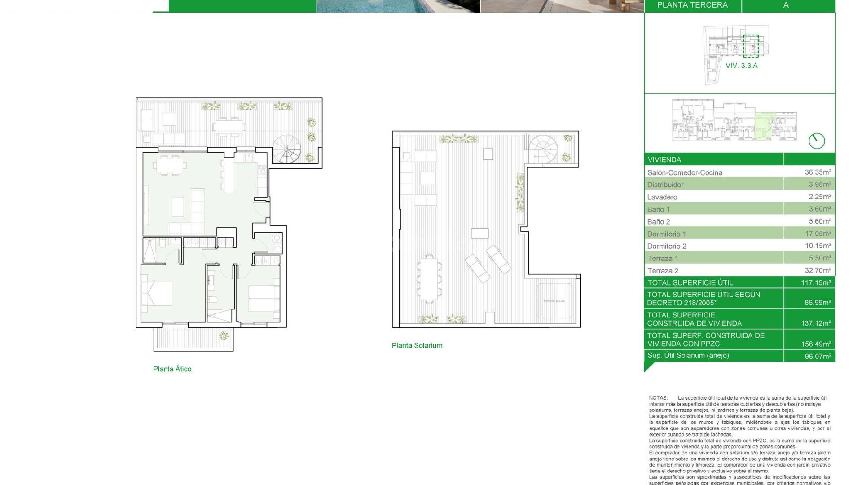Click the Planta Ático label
point(172,369)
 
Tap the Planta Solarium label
point(417,345)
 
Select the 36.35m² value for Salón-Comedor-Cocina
point(818,172)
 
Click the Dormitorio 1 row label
point(667,234)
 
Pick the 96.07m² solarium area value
point(818,356)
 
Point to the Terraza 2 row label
point(663,271)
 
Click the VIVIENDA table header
point(664,159)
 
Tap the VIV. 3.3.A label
point(741,66)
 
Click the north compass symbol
point(817,141)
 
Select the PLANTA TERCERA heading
point(692,5)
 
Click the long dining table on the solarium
point(428,278)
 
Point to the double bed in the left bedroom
point(157,293)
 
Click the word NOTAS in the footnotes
point(658,398)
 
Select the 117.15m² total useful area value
point(816,283)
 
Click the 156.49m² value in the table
point(816,344)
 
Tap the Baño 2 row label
point(659,222)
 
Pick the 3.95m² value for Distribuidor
point(820,185)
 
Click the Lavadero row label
point(662,197)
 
